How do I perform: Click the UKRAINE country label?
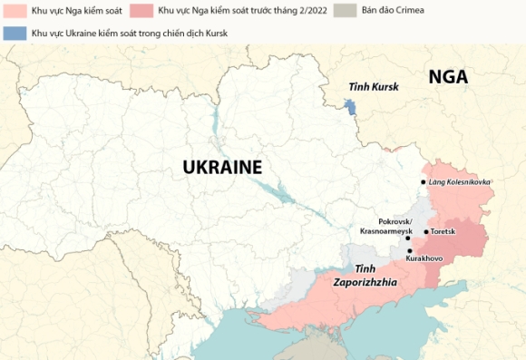click(x=222, y=167)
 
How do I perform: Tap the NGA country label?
click(x=448, y=77)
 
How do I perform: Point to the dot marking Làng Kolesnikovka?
click(x=423, y=182)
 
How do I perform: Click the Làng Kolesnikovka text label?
click(x=461, y=182)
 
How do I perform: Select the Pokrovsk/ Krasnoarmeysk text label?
click(x=385, y=227)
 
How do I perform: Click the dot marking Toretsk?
click(x=426, y=232)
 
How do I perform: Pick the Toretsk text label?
click(x=443, y=232)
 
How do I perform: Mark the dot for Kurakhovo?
click(x=409, y=250)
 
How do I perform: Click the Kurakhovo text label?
click(x=424, y=259)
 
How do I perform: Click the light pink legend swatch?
click(x=15, y=12)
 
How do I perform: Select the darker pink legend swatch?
click(x=141, y=12)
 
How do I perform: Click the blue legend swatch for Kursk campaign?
click(x=15, y=33)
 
